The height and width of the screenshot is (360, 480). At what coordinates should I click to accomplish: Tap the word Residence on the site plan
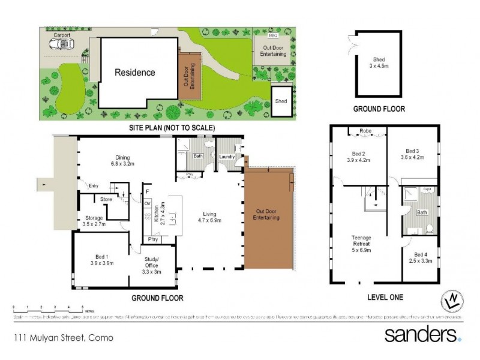[135, 73]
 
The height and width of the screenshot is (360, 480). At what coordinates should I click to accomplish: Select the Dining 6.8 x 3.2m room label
[122, 159]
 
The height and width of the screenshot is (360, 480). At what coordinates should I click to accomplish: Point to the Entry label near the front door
[93, 186]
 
